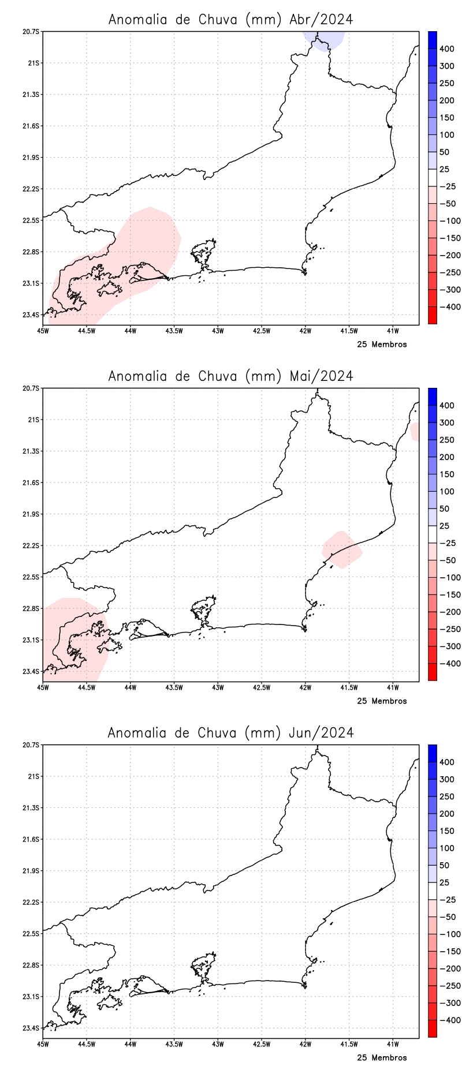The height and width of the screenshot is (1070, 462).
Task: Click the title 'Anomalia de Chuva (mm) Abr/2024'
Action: (230, 20)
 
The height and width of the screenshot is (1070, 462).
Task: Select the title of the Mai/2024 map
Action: (230, 376)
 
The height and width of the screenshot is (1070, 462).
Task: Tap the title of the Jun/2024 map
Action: (230, 733)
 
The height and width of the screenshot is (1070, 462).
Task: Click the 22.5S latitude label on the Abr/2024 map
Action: (31, 220)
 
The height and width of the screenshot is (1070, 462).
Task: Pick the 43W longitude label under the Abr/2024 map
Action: (218, 331)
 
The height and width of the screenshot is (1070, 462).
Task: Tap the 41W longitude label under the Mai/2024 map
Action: (393, 688)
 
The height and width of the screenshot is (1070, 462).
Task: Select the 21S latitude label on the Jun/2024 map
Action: (33, 776)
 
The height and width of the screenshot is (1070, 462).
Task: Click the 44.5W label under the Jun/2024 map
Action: (86, 1045)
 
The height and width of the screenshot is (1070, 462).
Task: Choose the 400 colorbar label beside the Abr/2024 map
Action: (446, 49)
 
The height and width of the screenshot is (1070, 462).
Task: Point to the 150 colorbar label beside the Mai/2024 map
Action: (446, 474)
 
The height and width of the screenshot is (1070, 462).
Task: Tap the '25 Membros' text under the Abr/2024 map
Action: (382, 345)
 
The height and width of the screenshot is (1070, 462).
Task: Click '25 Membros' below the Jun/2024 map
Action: (382, 1058)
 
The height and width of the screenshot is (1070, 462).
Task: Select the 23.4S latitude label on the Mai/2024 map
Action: (31, 672)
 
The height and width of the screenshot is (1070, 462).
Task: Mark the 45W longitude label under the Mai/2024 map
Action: (43, 688)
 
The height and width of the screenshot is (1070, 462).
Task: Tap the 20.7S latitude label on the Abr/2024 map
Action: (31, 32)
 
